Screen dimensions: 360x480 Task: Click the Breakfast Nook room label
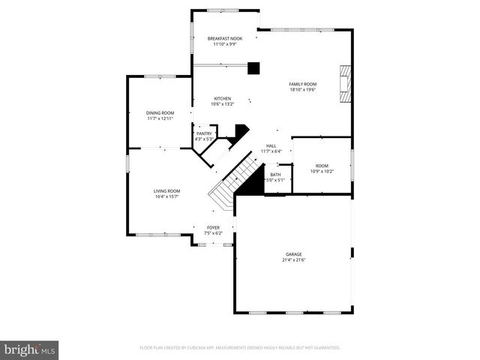coord(225,38)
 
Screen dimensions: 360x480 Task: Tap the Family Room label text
coord(303,84)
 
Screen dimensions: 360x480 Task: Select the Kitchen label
coord(222,98)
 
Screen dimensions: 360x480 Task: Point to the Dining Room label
coord(160,112)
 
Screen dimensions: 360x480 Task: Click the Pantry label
coord(204,133)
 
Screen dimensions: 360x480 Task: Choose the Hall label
coord(271,146)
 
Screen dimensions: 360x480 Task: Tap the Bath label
coord(275,175)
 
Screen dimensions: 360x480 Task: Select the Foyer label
coord(214,227)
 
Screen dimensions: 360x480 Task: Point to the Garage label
coord(293,254)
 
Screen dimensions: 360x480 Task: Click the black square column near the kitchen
coord(253,68)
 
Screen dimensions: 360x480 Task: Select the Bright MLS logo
coord(30,349)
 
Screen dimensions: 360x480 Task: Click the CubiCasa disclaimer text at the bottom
coord(240,348)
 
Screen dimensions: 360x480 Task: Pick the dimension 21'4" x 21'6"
coord(293,260)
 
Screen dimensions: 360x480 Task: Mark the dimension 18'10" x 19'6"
coord(303,90)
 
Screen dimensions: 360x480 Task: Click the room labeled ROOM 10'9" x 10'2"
coord(322,168)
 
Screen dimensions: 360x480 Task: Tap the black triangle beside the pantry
coord(239,133)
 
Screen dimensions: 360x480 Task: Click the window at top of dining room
coord(160,76)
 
